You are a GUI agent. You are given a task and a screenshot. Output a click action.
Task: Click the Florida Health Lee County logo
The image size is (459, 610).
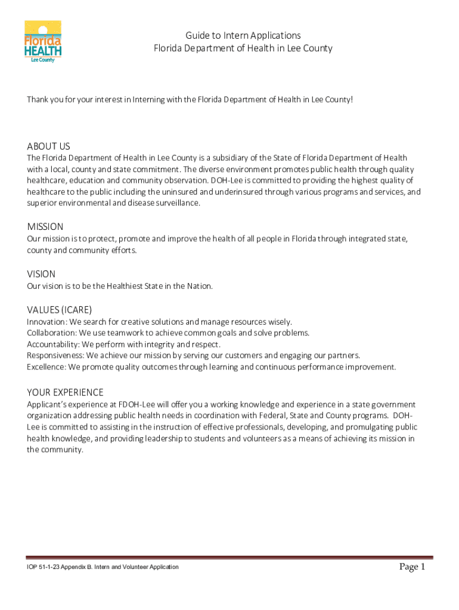43,42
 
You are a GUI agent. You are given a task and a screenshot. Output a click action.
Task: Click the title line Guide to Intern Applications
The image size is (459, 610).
243,36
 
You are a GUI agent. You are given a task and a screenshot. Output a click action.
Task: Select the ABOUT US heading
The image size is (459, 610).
48,147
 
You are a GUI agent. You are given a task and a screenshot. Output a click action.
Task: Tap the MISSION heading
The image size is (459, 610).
45,227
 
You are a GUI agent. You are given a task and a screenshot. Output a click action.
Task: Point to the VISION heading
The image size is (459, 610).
41,274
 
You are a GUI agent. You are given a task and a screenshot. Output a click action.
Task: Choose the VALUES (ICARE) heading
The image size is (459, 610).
59,310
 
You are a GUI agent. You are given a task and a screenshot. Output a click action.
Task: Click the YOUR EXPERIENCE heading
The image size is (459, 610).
65,393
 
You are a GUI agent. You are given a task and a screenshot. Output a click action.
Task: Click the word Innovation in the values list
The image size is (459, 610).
46,322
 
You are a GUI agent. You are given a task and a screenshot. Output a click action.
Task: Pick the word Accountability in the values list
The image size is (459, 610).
52,344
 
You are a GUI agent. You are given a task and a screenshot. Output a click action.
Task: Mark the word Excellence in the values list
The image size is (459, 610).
45,367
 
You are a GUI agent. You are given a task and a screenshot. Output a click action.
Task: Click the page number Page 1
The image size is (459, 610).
412,567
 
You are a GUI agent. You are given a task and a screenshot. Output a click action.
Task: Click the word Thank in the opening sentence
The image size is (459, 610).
38,99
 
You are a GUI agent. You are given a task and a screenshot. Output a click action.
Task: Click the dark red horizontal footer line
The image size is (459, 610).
229,558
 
